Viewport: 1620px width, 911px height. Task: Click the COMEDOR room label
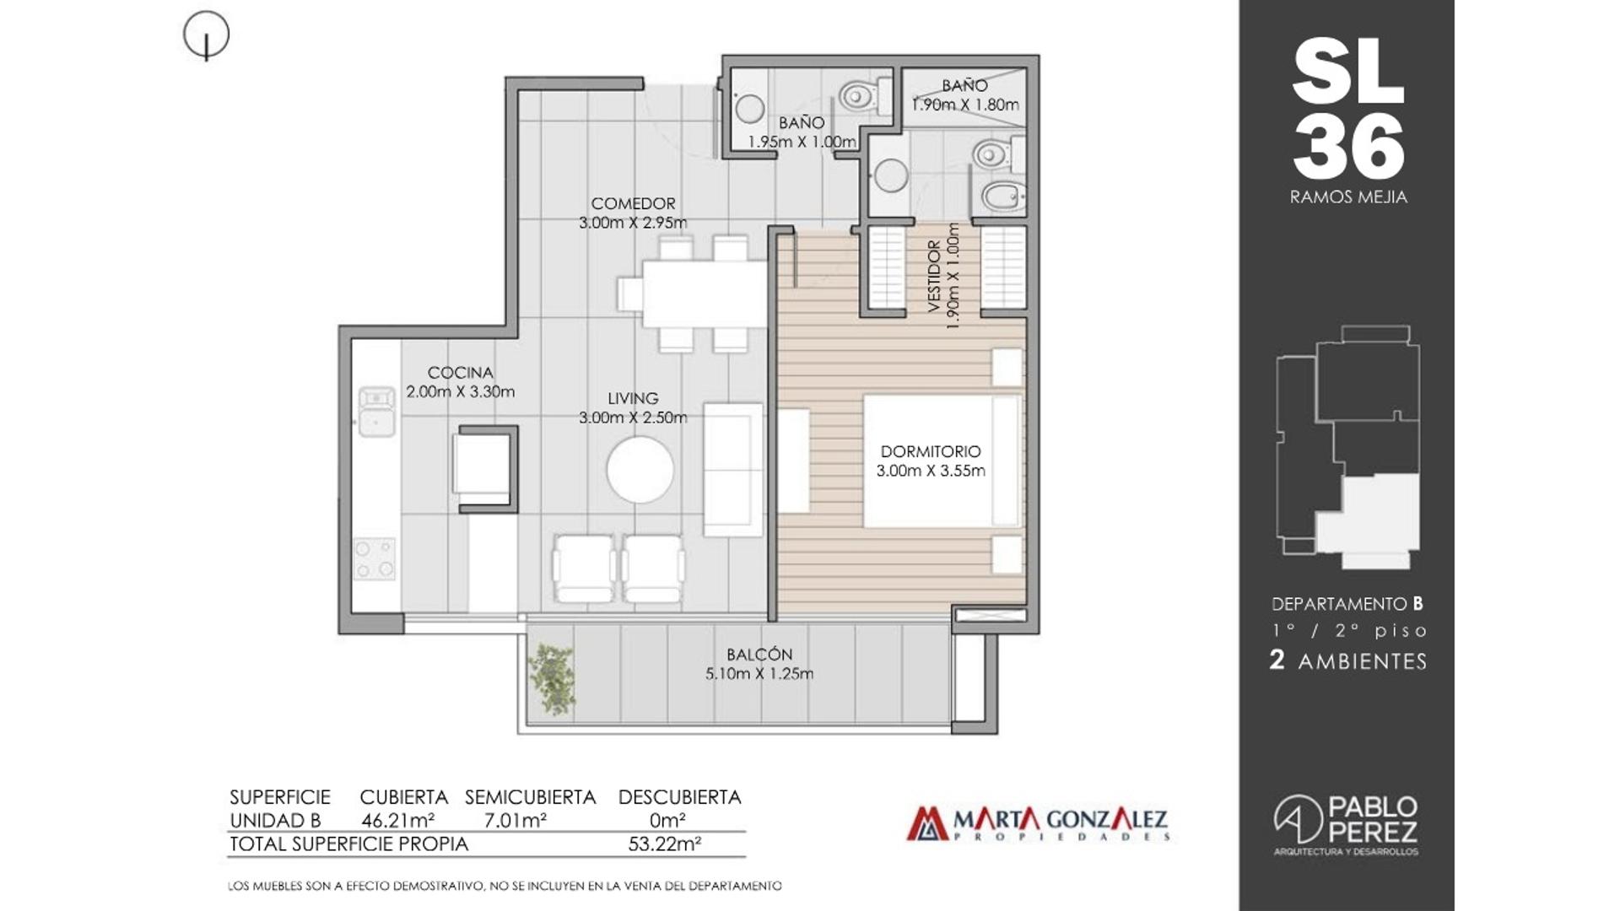[x=633, y=204]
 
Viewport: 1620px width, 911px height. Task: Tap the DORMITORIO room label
[x=931, y=452]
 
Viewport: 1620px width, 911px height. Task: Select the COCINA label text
[x=460, y=373]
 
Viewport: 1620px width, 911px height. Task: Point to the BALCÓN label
[x=759, y=655]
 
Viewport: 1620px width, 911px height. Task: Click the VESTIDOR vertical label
[x=934, y=277]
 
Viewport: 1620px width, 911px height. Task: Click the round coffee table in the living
[x=640, y=470]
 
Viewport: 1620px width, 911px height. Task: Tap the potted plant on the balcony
[x=552, y=680]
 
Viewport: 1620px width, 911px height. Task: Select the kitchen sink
[x=376, y=411]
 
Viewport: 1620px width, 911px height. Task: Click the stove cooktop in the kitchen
[x=375, y=558]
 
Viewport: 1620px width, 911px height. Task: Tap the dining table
[x=705, y=294]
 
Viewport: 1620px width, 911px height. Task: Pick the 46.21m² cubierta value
[x=397, y=820]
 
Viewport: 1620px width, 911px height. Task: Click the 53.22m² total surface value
[x=665, y=844]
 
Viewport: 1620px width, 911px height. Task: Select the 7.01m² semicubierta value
[x=515, y=820]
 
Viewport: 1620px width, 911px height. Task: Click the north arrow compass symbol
[x=206, y=36]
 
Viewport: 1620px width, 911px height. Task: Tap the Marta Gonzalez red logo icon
[x=927, y=824]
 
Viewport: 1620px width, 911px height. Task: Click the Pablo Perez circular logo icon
[x=1298, y=818]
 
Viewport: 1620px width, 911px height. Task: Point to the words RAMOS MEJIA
[x=1348, y=197]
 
